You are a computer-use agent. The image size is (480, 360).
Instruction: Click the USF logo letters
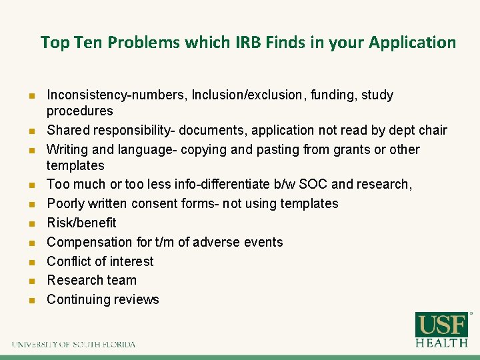(x=441, y=325)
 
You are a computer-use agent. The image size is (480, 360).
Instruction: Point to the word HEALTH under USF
(x=441, y=343)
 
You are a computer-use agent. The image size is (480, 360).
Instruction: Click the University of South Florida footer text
(x=73, y=345)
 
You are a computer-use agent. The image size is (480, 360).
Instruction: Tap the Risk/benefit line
(x=81, y=223)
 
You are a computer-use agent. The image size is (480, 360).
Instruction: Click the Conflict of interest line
(x=100, y=261)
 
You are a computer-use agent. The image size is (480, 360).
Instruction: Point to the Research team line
(x=91, y=280)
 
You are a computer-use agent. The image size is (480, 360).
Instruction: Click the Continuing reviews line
(x=103, y=299)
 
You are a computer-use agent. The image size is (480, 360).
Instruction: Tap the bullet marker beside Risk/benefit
(x=31, y=223)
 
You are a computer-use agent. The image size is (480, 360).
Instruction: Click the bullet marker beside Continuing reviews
(x=31, y=300)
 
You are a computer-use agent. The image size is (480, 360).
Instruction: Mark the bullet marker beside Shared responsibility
(x=31, y=131)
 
